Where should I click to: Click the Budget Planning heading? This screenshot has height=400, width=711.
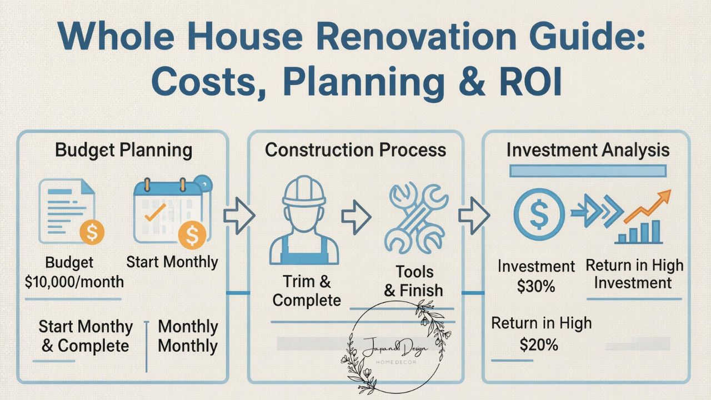[x=124, y=150]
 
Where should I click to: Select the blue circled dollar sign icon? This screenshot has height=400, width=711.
[x=538, y=214]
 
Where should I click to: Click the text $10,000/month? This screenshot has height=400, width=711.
[x=74, y=282]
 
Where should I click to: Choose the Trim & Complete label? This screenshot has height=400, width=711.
[x=307, y=291]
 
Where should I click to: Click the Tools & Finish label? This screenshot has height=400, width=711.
[x=414, y=281]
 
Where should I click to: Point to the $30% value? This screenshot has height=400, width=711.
[x=536, y=286]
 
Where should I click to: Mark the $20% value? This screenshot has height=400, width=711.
[x=539, y=345]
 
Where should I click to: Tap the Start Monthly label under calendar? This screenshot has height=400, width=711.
[x=172, y=262]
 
